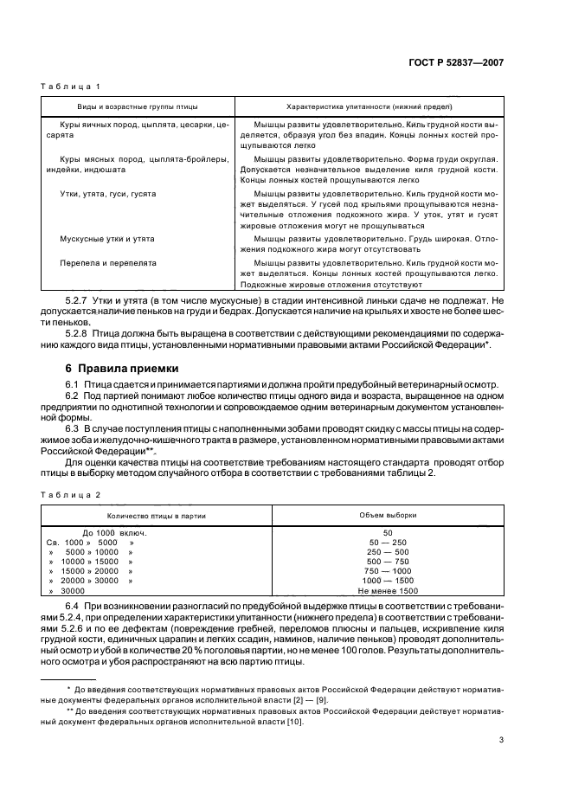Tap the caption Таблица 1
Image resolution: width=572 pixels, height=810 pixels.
[72, 87]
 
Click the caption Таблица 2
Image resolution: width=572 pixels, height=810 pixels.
[72, 493]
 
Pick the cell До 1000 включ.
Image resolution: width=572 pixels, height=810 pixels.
[114, 533]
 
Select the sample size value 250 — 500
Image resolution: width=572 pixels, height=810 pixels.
[388, 552]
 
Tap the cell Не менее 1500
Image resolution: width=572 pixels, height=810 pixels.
[388, 590]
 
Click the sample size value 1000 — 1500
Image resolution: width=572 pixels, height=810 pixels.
[388, 581]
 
